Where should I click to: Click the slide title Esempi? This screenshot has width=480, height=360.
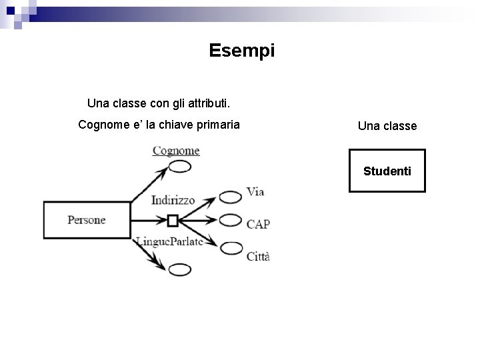point(241,51)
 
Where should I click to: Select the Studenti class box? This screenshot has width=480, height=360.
point(387,171)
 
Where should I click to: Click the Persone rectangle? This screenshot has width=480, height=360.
point(86,220)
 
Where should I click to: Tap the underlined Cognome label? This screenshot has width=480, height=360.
point(176,151)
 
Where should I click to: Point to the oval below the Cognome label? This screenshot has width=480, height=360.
point(180,167)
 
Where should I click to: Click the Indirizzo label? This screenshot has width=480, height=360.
point(173,199)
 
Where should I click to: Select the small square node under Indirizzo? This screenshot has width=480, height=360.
point(173,219)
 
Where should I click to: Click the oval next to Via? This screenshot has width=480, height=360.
point(231,197)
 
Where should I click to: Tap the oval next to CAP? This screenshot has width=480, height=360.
point(231,219)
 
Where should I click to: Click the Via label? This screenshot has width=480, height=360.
point(255,192)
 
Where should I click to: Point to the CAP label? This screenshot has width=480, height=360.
point(258,224)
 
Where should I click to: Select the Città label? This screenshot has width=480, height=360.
point(258,257)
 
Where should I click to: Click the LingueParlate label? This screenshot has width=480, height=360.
point(169,241)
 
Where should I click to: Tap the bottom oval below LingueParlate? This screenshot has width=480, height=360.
point(180,269)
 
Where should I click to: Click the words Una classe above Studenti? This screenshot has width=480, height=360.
point(387,126)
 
